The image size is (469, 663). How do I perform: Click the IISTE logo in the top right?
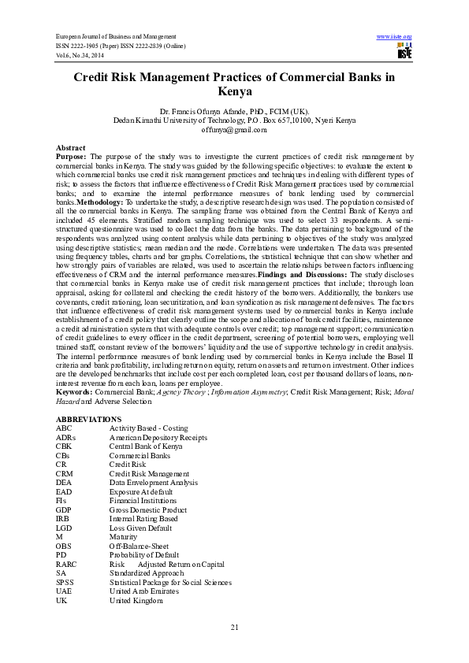(404, 53)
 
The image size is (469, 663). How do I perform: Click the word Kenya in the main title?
(234, 91)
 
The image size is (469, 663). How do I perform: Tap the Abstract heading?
(70, 148)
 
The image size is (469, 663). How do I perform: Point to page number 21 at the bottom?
(234, 627)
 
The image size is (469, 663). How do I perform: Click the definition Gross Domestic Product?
(148, 509)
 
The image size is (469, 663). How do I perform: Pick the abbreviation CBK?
(64, 446)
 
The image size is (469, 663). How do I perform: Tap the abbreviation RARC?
(65, 565)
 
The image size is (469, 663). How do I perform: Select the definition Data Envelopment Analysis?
(153, 482)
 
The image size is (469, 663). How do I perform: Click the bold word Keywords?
(73, 391)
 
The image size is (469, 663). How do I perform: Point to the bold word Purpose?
(72, 157)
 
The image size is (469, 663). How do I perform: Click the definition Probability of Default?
(144, 555)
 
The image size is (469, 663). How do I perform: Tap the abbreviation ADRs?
(65, 436)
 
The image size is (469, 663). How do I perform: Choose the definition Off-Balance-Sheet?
(140, 546)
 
